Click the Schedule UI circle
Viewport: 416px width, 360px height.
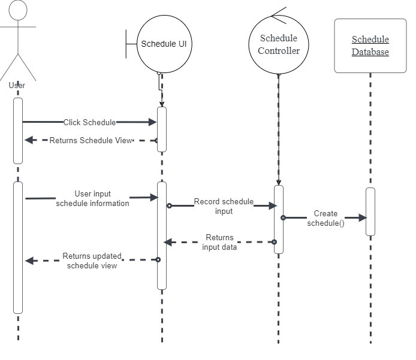click(x=159, y=44)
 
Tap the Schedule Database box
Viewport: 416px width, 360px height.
click(x=370, y=46)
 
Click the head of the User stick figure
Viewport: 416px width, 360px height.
click(x=18, y=10)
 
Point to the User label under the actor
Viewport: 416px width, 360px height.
click(x=17, y=85)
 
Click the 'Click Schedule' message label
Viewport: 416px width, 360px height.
click(x=89, y=122)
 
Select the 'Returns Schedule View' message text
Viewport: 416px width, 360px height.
click(x=90, y=141)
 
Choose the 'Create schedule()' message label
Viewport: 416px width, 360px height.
click(x=325, y=219)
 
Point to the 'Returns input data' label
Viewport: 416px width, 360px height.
click(x=219, y=242)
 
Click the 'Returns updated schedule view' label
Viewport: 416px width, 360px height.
click(x=92, y=261)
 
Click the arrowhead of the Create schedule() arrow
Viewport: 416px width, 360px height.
click(x=362, y=219)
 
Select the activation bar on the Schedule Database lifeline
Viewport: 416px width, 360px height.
click(x=370, y=211)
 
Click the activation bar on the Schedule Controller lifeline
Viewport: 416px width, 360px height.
click(x=279, y=219)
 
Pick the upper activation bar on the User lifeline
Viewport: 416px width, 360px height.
click(x=18, y=130)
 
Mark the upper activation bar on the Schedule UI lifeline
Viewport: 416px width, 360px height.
click(x=161, y=129)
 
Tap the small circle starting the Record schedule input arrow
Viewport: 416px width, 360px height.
click(x=169, y=206)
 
